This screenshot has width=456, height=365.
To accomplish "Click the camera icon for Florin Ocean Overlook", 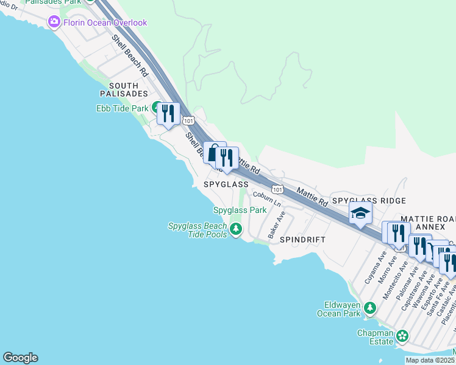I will pos(55,23).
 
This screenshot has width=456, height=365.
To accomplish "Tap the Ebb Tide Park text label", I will pos(122,108).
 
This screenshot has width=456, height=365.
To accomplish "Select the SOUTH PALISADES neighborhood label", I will pos(125,89).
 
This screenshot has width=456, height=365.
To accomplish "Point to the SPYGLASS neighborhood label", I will pos(226,184).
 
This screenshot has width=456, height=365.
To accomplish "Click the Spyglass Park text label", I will pos(240,210).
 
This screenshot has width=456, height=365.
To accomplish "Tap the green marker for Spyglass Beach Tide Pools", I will pos(235,229).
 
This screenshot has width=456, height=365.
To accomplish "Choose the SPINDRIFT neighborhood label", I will pos(303,240).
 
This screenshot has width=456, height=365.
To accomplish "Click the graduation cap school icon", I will pos(360,214).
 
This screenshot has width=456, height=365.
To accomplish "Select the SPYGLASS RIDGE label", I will pos(369,201).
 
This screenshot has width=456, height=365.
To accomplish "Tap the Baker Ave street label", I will pos(276,225).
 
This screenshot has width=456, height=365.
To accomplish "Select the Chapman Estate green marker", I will pos(402,335).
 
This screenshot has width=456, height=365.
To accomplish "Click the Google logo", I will pos(20,358).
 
